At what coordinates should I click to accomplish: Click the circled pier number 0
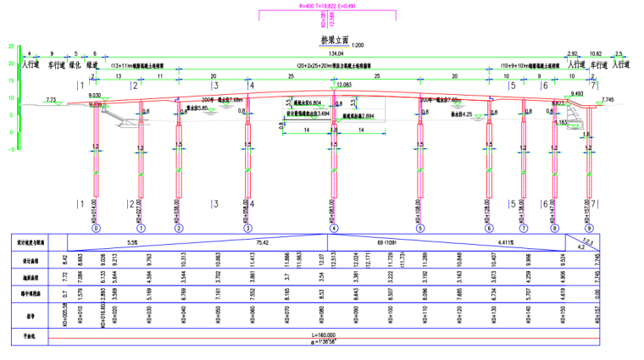[96, 229]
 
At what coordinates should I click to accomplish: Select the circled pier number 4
[334, 229]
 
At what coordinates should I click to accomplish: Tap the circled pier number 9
[590, 229]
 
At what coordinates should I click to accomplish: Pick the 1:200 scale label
[358, 43]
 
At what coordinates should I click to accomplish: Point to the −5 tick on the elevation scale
[10, 149]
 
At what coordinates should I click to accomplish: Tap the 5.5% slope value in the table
[132, 242]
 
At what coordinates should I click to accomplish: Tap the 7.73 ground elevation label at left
[53, 100]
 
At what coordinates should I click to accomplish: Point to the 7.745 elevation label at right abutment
[607, 100]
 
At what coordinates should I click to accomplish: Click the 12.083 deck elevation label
[344, 86]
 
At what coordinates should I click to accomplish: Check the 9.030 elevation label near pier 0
[95, 95]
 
